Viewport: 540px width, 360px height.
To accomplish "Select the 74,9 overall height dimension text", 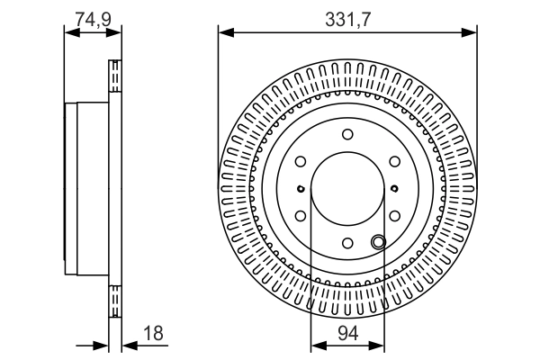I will tap(93, 18).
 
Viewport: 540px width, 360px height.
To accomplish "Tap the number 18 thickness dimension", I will tap(153, 333).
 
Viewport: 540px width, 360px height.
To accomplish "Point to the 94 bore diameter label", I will tap(346, 333).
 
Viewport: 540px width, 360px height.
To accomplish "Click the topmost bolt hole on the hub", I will tap(347, 134).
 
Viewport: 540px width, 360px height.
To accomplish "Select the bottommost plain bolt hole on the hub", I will tap(347, 244).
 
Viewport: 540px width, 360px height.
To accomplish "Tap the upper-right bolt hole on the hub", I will tap(394, 162).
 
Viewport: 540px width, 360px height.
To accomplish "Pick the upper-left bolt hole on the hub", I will tap(300, 162).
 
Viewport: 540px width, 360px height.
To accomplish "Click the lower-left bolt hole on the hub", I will tap(300, 216).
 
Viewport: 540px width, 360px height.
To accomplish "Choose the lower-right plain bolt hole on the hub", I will tap(394, 216).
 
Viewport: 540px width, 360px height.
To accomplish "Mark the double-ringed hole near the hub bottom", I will tap(378, 240).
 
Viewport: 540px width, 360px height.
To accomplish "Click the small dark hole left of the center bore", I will tap(300, 189).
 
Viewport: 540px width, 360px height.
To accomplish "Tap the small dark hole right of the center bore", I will tap(394, 189).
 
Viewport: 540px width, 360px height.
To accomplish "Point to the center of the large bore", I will tap(347, 189).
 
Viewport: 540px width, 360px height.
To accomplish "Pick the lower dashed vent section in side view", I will tap(114, 300).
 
